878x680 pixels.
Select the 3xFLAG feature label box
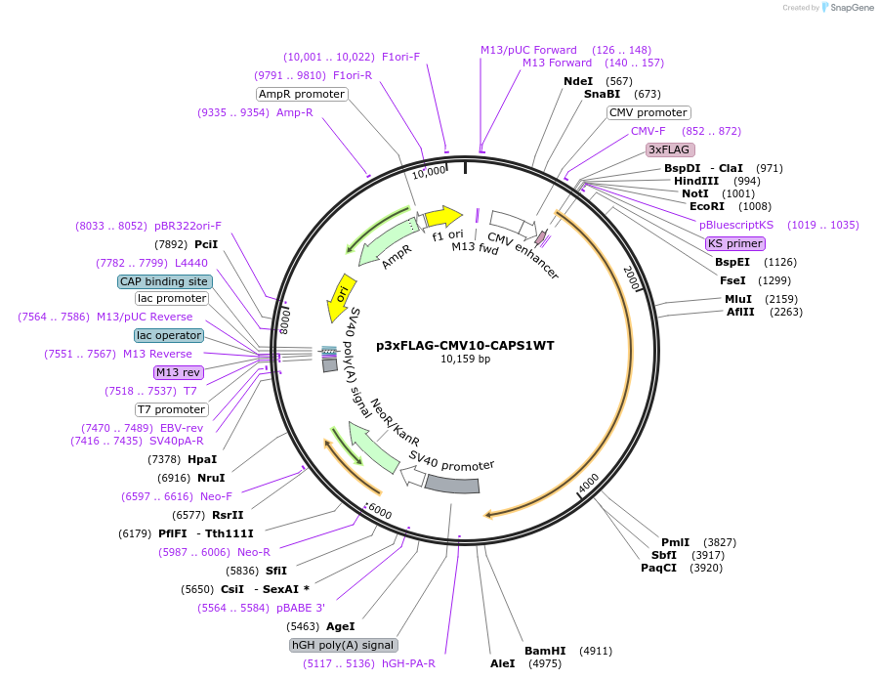point(670,149)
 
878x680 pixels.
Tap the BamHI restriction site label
point(545,650)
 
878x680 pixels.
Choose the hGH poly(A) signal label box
point(344,645)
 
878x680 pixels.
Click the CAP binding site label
point(164,281)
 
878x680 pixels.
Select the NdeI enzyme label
point(578,81)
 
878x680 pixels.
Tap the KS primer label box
point(735,243)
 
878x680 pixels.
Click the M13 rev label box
point(177,372)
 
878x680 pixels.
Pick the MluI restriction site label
point(737,299)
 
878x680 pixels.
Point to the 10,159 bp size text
point(465,360)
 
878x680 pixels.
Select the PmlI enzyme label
point(675,542)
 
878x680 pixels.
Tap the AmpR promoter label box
point(302,94)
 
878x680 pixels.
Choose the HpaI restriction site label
point(202,459)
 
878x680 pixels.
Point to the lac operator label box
point(170,335)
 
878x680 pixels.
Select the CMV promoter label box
point(648,112)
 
